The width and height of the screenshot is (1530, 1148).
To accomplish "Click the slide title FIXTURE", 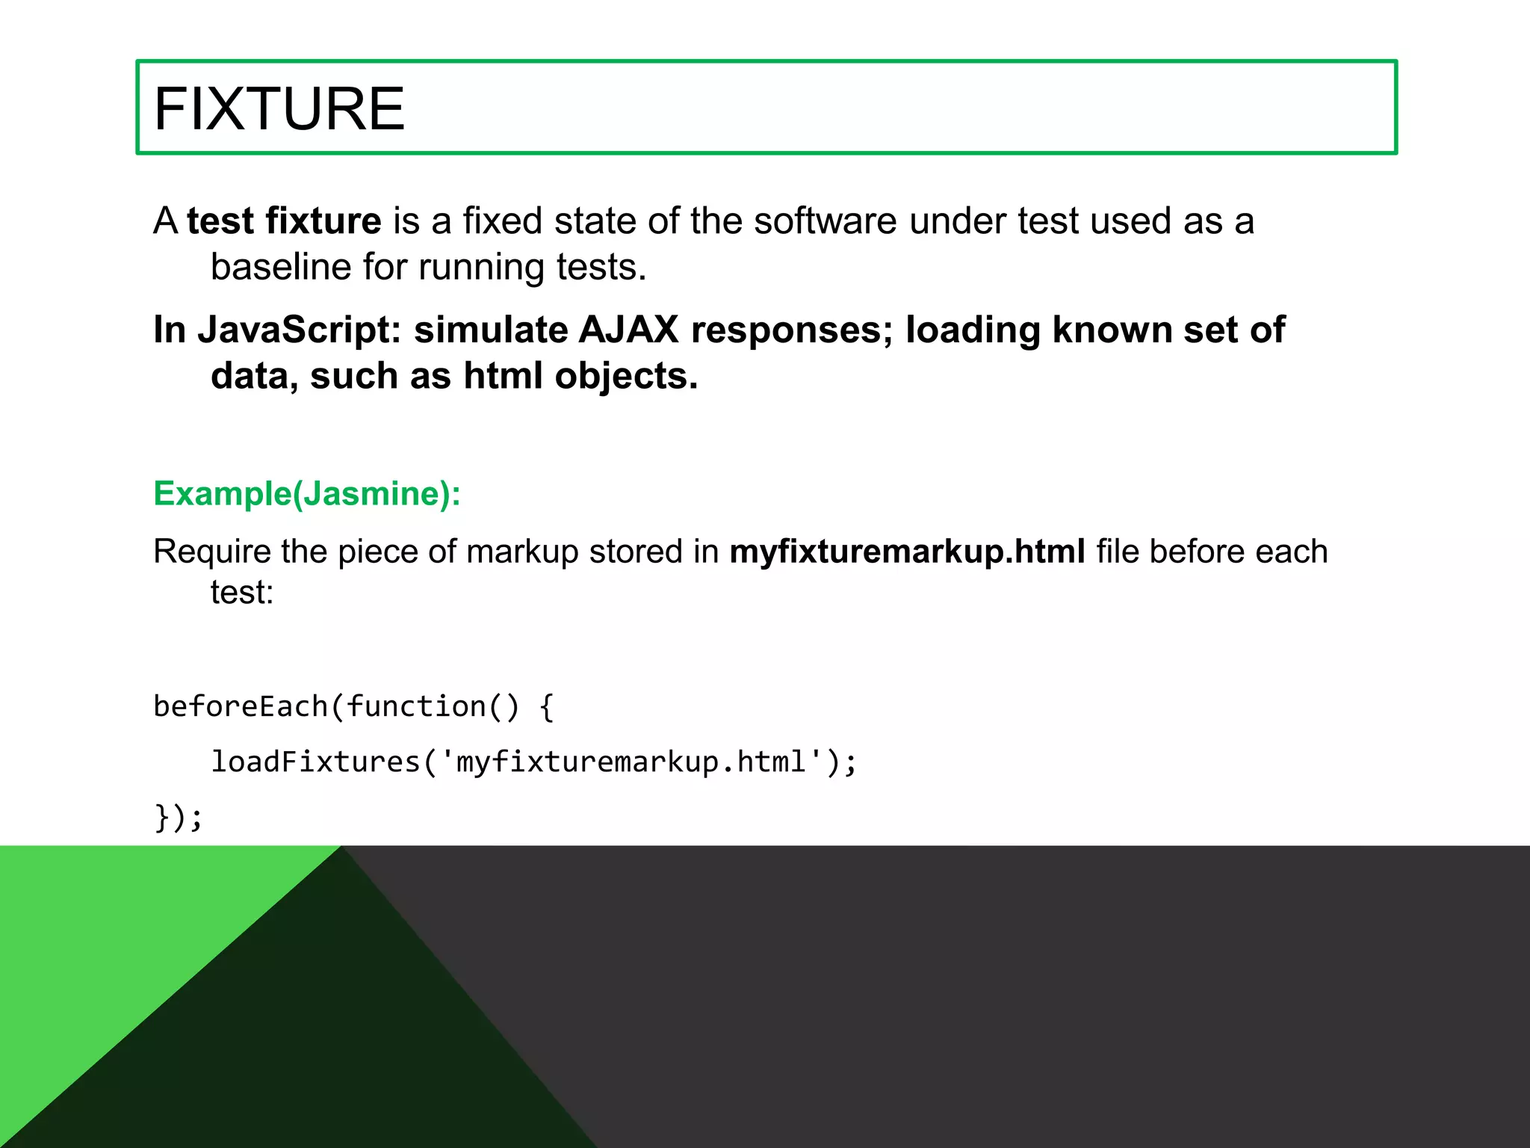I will (279, 109).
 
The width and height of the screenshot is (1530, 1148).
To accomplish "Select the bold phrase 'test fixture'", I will (284, 221).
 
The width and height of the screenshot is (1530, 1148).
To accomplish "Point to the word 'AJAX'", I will (628, 330).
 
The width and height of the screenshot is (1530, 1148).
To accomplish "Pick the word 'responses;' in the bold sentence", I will (792, 330).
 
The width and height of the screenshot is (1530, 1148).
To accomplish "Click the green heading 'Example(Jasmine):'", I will (307, 494).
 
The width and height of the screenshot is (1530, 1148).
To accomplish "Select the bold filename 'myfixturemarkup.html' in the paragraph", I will (907, 552).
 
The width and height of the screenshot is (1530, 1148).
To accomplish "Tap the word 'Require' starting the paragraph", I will (212, 552).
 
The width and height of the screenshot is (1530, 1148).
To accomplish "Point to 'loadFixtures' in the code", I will (316, 762).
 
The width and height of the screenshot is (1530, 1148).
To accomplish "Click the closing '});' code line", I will (178, 817).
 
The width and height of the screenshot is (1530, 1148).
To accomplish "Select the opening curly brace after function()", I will (546, 707).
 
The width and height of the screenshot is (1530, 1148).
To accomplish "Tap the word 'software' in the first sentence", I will (825, 221).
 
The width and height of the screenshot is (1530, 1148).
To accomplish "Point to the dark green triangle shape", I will (351, 1031).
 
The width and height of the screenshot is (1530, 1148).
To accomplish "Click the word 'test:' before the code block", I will (242, 593).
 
